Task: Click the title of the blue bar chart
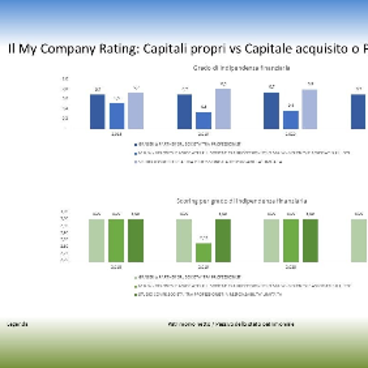(x=241, y=68)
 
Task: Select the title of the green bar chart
(x=242, y=201)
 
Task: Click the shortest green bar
(x=203, y=252)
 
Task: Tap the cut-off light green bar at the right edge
(x=359, y=240)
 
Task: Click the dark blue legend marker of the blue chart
(x=135, y=144)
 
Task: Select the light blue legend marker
(x=135, y=162)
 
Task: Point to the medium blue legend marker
(x=135, y=153)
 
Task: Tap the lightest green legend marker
(x=135, y=277)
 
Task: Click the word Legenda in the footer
(x=17, y=324)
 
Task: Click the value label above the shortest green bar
(x=203, y=238)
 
